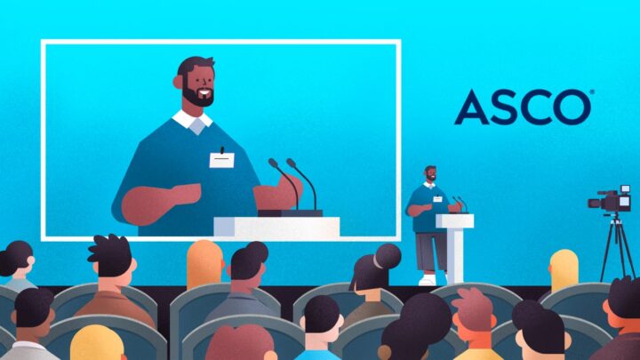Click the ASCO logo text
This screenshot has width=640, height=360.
pos(523,107)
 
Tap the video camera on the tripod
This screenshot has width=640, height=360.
pos(611,201)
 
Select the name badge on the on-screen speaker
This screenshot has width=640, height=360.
pos(221,159)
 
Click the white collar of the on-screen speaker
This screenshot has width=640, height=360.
pos(190,119)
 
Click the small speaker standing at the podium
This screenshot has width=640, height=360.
pos(428,218)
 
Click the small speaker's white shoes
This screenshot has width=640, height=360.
pos(428,279)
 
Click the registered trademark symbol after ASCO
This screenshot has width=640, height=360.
pos(592,92)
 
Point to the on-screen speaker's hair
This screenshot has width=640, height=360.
pos(193,66)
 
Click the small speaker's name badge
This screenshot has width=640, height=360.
pos(436,199)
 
